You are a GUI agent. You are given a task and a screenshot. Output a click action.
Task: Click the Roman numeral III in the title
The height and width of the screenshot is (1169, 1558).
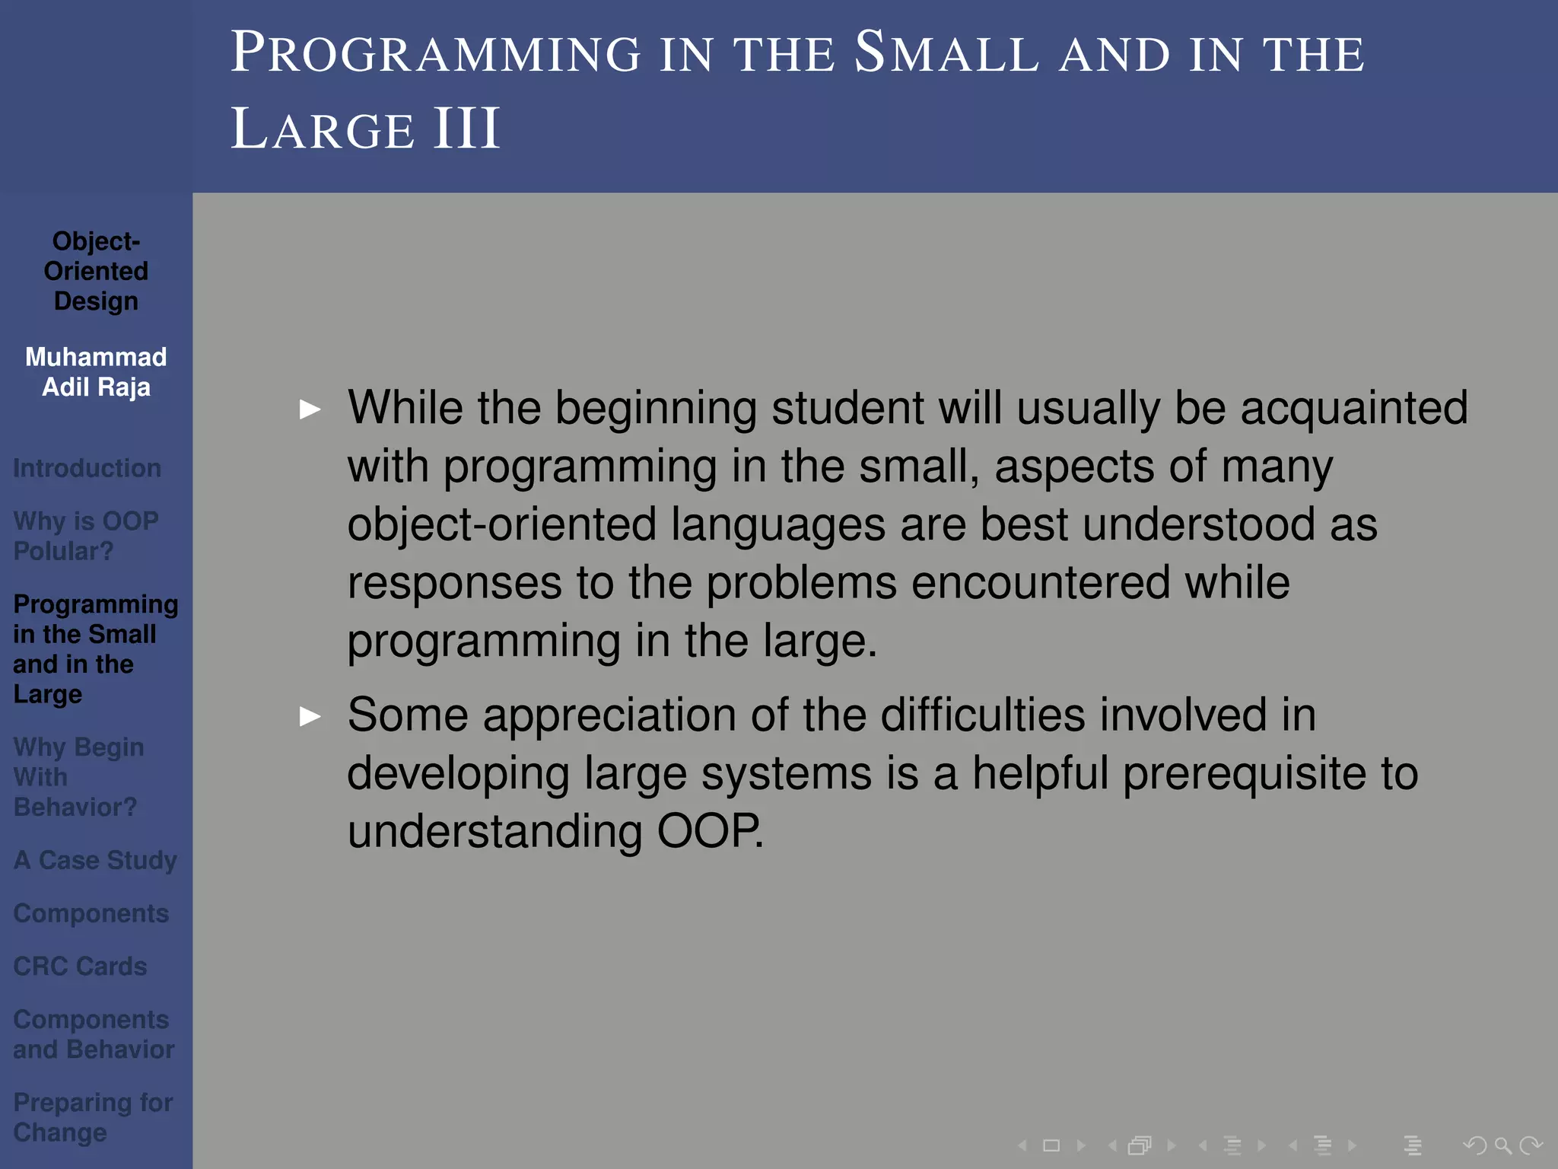tap(466, 129)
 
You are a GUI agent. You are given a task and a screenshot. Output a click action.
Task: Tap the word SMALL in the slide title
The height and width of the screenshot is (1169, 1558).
tap(946, 53)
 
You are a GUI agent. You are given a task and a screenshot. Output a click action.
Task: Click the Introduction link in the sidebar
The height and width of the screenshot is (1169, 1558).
tap(87, 468)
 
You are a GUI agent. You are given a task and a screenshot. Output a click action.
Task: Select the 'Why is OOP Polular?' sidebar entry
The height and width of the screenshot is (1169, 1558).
tap(85, 536)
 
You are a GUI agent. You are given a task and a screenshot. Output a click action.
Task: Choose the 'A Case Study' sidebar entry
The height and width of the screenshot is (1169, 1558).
tap(95, 860)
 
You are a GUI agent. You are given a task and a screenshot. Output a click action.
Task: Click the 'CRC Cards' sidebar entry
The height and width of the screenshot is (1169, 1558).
tap(80, 967)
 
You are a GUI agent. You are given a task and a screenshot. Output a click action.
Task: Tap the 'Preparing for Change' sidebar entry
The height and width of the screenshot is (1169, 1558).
tap(93, 1117)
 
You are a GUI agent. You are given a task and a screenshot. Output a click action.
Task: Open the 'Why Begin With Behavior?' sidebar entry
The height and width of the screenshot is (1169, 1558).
tap(78, 777)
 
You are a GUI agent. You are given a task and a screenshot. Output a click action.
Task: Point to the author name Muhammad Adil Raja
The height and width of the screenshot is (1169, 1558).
tap(96, 372)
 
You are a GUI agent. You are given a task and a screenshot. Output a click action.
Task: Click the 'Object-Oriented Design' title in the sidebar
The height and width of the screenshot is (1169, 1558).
tap(96, 271)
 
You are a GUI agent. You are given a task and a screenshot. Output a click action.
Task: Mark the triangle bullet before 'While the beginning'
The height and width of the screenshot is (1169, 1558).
tap(310, 409)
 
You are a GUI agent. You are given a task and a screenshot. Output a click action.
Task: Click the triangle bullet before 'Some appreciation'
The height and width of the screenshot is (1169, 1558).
tap(310, 716)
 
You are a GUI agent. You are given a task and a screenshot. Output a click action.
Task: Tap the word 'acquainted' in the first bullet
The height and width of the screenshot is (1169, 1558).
tap(1353, 408)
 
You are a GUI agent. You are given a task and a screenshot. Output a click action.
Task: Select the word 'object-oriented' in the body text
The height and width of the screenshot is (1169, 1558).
tap(501, 524)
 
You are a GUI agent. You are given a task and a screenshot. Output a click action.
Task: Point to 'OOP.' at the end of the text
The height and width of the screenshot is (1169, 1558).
tap(709, 830)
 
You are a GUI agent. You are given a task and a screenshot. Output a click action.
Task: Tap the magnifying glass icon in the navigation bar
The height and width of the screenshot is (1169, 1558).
tap(1502, 1145)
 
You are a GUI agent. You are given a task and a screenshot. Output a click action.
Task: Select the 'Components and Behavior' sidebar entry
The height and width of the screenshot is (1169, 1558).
tap(93, 1034)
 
